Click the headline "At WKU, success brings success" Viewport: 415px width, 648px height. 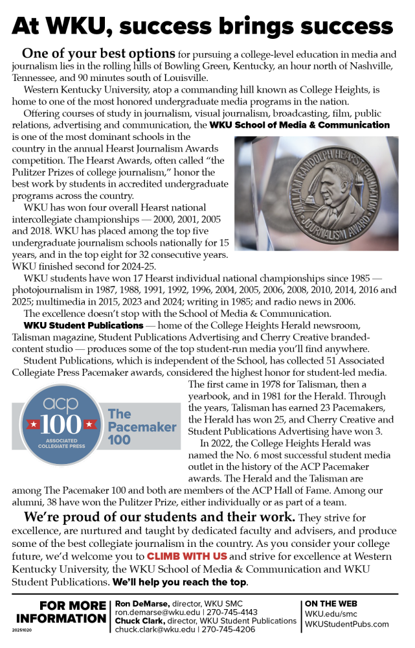click(207, 25)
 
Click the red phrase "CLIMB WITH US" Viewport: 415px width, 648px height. click(186, 556)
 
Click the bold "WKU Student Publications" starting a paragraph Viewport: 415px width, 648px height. click(84, 325)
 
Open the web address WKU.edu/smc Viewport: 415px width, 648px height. click(331, 612)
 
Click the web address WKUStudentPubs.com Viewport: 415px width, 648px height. click(347, 623)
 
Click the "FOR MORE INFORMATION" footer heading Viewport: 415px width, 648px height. click(62, 612)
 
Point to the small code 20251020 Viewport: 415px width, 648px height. click(21, 629)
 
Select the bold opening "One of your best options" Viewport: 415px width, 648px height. click(98, 53)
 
